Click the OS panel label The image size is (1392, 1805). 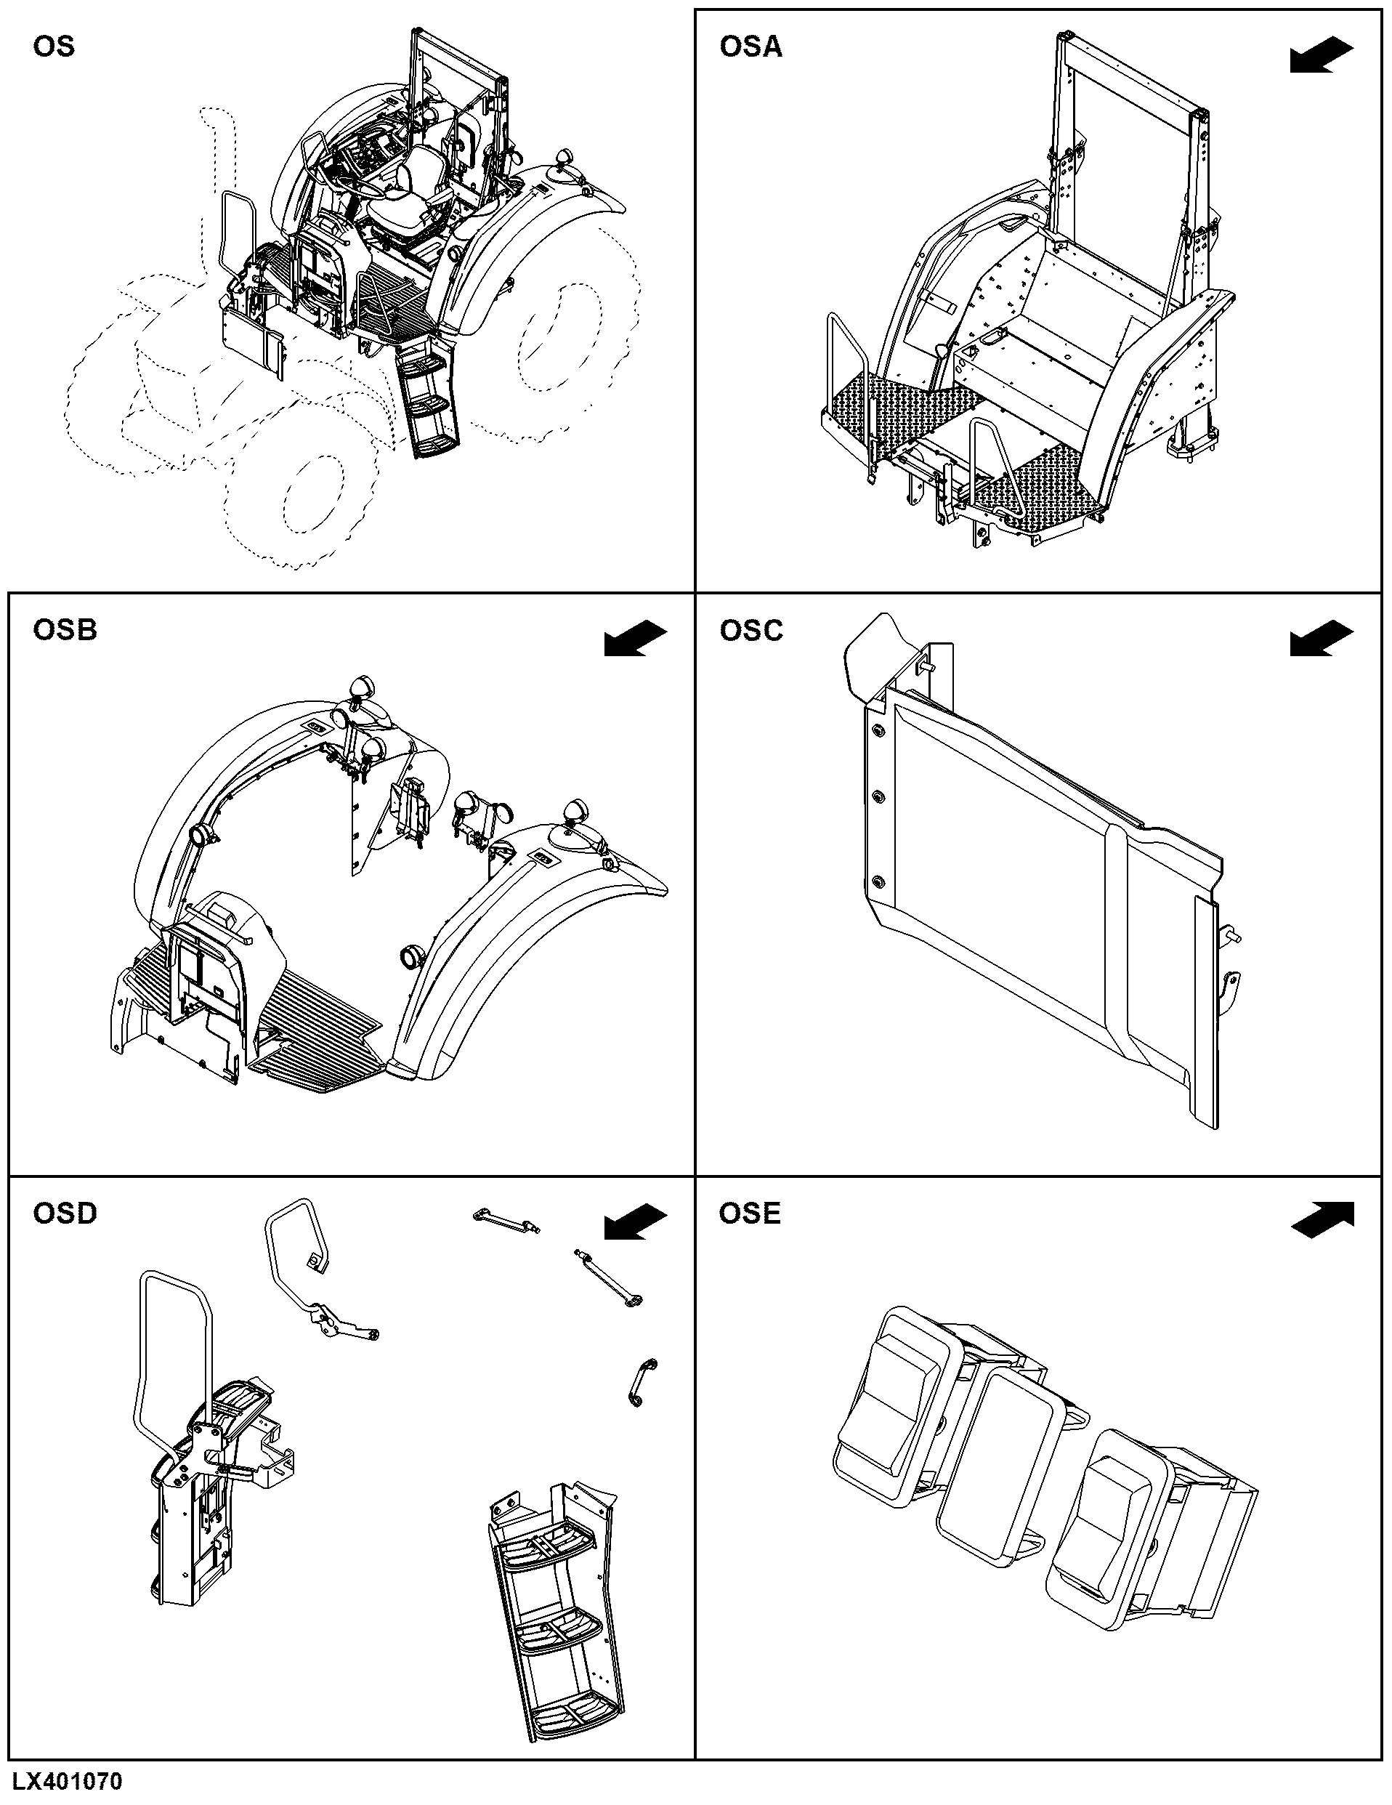(54, 47)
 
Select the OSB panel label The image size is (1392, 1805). (65, 630)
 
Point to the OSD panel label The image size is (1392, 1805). (65, 1214)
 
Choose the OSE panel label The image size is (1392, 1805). (749, 1214)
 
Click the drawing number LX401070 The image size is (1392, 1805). (67, 1781)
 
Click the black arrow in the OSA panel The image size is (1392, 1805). (1321, 55)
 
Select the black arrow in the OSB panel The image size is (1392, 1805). (635, 639)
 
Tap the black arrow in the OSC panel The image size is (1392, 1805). (1321, 639)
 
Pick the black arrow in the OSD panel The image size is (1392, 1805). (635, 1222)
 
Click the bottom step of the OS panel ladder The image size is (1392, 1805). (435, 445)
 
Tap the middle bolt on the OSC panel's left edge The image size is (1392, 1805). (878, 796)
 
